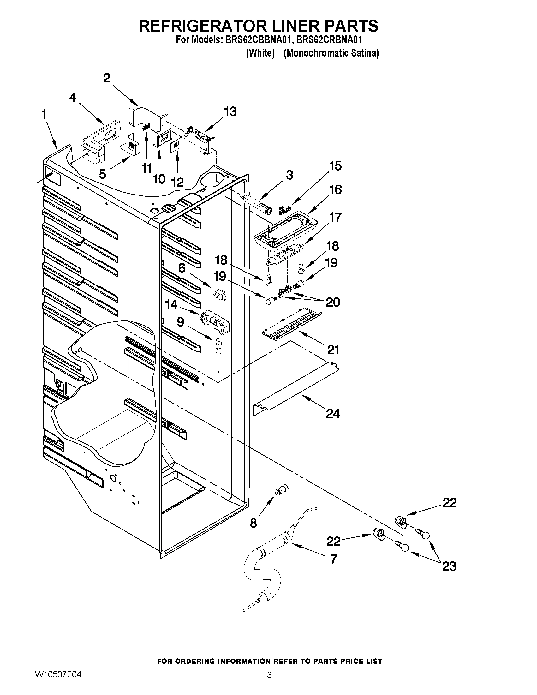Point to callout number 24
(333, 414)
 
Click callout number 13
(230, 112)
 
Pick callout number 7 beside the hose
(333, 559)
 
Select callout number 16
(335, 190)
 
